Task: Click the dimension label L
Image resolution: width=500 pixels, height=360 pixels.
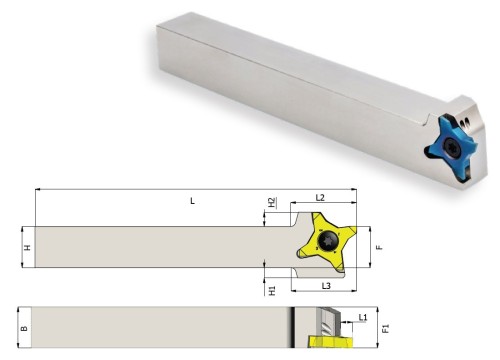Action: click(192, 201)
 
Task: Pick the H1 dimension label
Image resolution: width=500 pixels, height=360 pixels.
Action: click(272, 289)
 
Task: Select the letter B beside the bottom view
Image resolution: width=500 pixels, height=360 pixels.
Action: click(27, 327)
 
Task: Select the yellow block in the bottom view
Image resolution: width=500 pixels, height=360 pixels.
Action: click(327, 346)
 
